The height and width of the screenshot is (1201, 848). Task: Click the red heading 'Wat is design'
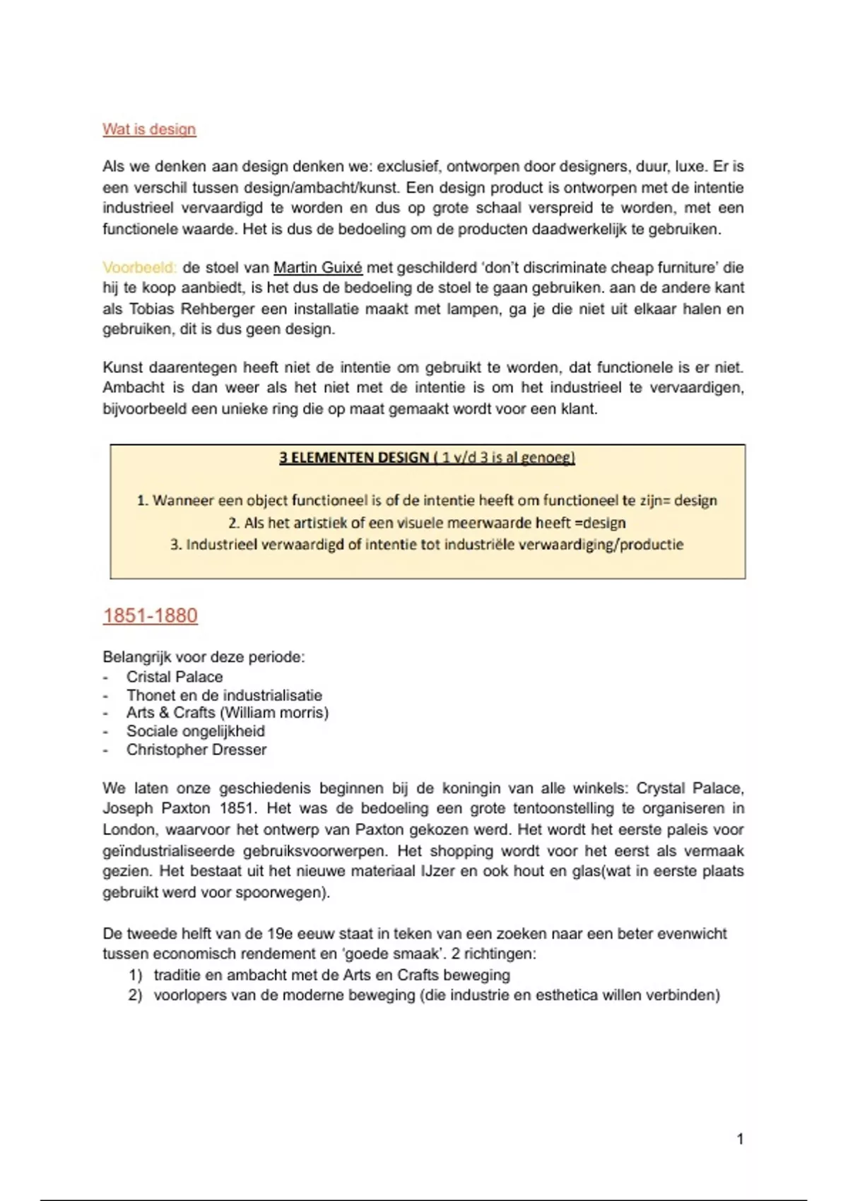pos(149,129)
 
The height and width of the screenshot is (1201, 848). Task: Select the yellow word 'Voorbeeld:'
pos(139,268)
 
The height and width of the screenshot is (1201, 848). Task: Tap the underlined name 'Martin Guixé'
pos(317,268)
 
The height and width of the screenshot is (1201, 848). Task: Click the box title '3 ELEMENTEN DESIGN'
pos(353,458)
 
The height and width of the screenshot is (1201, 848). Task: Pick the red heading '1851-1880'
pos(150,615)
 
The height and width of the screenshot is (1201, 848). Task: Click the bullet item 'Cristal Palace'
pos(175,677)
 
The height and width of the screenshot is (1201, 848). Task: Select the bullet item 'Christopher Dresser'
pos(196,750)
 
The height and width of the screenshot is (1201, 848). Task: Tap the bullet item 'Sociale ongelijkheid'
pos(196,731)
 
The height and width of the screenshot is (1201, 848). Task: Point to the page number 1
pos(740,1139)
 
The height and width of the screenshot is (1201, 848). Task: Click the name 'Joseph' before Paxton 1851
pos(127,808)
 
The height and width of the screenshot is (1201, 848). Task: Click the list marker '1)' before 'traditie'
pos(136,975)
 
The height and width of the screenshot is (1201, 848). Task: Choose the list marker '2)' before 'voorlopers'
pos(136,995)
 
